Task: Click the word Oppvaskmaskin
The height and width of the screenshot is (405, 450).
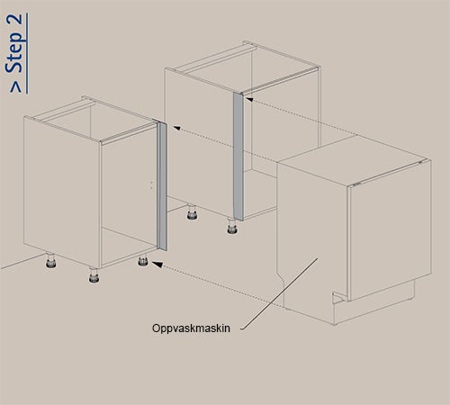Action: point(191,328)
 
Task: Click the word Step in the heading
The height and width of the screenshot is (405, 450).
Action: point(14,51)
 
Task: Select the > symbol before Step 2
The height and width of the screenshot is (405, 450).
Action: point(15,86)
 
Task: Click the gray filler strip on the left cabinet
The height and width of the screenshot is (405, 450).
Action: point(162,186)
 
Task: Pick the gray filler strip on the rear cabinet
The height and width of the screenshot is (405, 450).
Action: point(238,156)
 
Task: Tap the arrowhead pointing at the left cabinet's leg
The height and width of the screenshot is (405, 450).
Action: point(157,265)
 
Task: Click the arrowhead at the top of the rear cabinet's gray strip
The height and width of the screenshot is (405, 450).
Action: point(248,99)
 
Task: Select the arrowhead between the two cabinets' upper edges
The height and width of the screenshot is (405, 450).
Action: point(177,128)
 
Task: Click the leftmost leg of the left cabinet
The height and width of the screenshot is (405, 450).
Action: point(51,261)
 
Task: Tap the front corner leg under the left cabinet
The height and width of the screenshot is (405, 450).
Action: point(94,275)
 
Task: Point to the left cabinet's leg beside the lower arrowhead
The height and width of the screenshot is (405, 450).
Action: point(143,260)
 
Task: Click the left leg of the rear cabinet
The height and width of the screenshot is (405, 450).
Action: point(192,212)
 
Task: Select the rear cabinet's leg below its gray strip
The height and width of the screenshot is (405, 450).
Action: point(232,226)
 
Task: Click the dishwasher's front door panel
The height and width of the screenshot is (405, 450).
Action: point(389,230)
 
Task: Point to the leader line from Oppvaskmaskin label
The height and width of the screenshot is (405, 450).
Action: point(279,293)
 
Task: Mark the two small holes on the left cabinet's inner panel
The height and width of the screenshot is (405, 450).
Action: point(151,184)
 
